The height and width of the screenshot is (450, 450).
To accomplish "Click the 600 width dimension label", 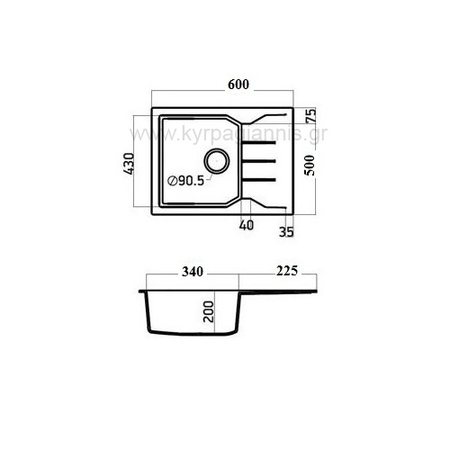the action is coord(238,85).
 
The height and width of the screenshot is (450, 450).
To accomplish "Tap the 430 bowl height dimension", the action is coord(130,164).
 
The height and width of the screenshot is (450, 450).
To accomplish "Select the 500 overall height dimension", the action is coord(310,165).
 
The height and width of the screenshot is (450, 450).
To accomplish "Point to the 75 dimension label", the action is coord(310,115).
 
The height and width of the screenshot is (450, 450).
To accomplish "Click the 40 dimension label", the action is coord(247,225).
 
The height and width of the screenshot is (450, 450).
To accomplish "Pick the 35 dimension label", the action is coord(286,232).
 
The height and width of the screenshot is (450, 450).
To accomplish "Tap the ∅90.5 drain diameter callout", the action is coord(186,181).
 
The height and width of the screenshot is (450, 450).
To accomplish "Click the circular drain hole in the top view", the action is coord(217,161).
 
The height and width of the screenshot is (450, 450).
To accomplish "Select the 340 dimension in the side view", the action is coord(193,272).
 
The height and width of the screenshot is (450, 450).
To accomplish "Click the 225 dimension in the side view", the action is coord(287,271).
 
